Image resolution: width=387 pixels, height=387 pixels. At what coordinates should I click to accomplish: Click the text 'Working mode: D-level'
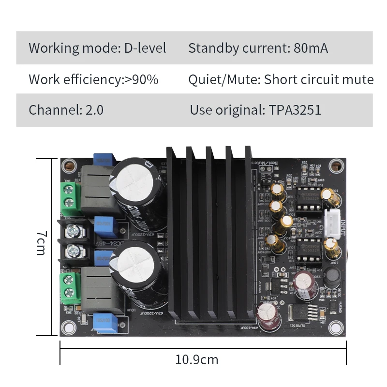pyautogui.click(x=97, y=48)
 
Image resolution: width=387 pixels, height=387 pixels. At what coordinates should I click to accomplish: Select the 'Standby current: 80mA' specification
pyautogui.click(x=258, y=48)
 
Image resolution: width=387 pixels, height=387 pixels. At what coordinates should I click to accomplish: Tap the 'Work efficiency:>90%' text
pyautogui.click(x=93, y=79)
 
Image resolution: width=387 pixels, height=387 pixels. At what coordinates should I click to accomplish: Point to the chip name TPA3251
pyautogui.click(x=292, y=110)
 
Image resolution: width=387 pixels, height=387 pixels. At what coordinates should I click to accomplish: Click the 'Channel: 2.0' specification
pyautogui.click(x=66, y=110)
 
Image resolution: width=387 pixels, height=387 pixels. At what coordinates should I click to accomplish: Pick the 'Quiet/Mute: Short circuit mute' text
pyautogui.click(x=281, y=79)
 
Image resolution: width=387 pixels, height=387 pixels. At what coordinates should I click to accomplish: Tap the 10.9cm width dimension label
pyautogui.click(x=196, y=360)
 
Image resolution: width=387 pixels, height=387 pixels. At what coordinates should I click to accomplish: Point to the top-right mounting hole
pyautogui.click(x=334, y=166)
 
